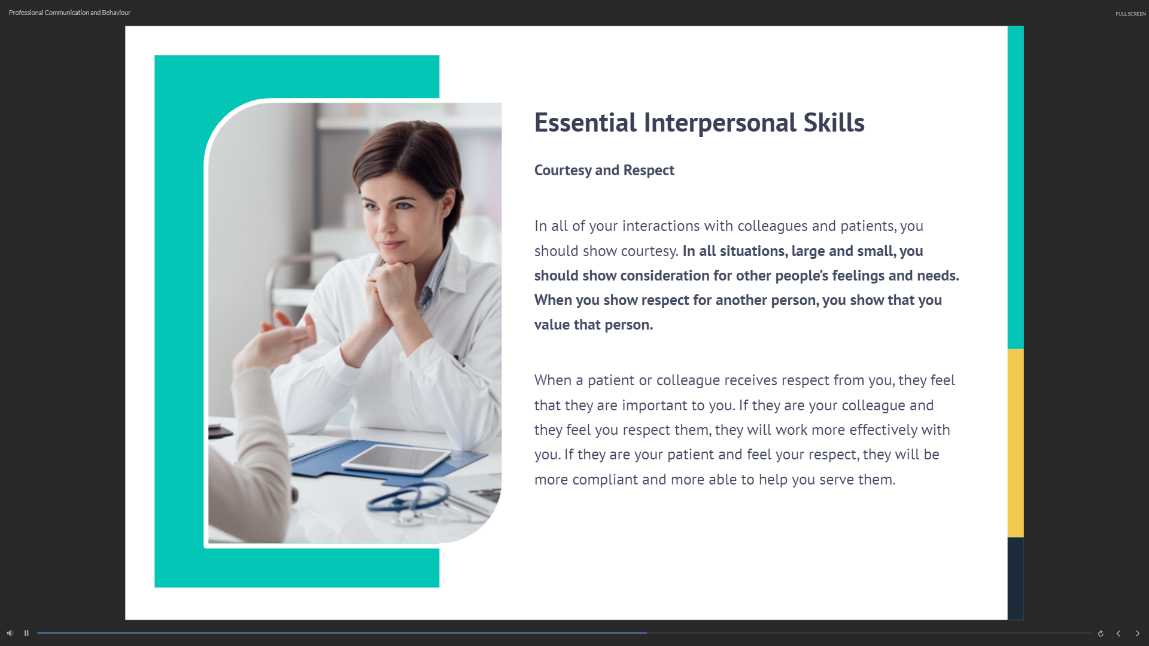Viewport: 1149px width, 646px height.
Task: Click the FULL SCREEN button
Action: click(x=1130, y=13)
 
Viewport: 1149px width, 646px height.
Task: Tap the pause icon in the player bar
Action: click(x=26, y=633)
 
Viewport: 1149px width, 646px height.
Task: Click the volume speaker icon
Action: click(x=10, y=633)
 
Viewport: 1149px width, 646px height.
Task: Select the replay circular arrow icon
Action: click(x=1101, y=633)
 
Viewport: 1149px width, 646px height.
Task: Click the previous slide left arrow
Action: click(x=1118, y=633)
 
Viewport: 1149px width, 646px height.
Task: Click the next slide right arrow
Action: click(x=1138, y=633)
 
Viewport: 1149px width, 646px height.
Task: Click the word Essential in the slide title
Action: click(x=585, y=123)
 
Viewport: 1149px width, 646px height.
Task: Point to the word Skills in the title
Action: click(x=834, y=123)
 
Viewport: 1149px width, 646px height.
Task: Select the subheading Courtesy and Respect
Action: click(x=604, y=170)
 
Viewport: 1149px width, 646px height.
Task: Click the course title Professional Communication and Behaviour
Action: click(x=69, y=13)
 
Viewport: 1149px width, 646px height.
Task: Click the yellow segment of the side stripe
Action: click(x=1016, y=443)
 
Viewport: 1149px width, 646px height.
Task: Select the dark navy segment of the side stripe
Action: click(x=1016, y=578)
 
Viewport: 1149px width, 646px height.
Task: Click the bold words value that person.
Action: click(x=593, y=325)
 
